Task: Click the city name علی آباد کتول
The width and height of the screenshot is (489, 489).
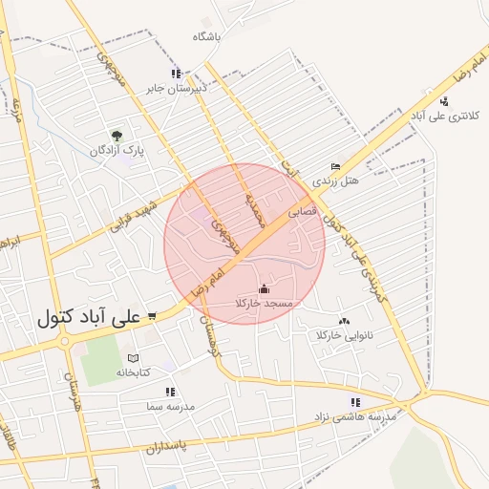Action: (x=88, y=317)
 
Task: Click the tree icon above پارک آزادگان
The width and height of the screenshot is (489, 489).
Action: (x=117, y=137)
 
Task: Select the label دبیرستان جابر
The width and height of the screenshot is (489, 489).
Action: (x=176, y=88)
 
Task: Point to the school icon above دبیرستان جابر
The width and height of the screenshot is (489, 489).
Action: (x=176, y=74)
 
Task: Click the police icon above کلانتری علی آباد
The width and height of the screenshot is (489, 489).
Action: (x=444, y=101)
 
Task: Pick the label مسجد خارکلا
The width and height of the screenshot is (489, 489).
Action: (x=264, y=303)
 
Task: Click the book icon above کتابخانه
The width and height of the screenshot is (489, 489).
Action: (x=134, y=358)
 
